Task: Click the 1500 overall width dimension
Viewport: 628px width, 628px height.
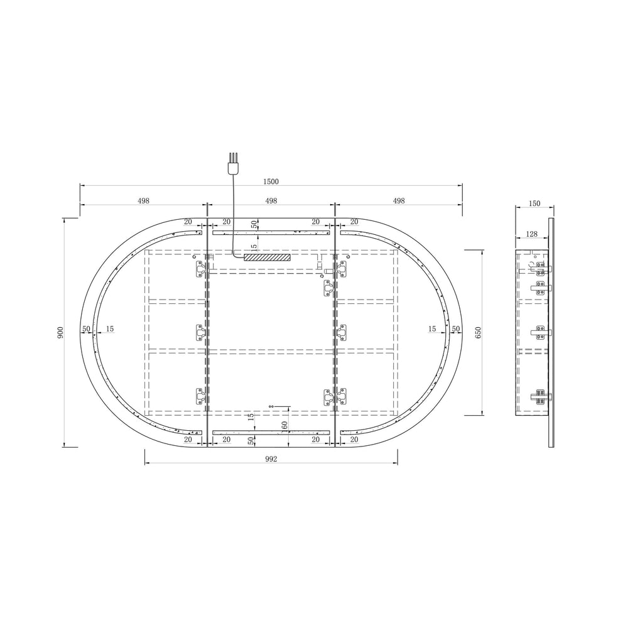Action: point(271,181)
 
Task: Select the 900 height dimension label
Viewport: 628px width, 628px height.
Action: point(60,332)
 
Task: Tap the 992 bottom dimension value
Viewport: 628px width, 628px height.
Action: point(271,459)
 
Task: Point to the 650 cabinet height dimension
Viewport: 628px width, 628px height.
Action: point(478,332)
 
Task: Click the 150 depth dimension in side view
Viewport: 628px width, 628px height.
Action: point(534,203)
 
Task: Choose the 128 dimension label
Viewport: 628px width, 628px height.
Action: point(531,234)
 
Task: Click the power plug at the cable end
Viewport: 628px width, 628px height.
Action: point(233,165)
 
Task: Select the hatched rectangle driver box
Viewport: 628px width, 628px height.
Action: point(266,257)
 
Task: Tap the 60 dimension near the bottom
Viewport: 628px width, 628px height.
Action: point(284,425)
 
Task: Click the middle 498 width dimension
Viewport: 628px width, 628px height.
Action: point(271,201)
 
